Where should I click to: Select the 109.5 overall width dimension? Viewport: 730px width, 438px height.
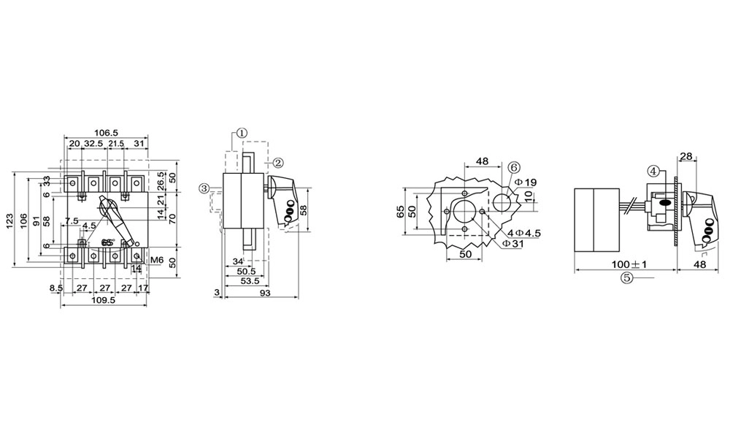[x=103, y=300]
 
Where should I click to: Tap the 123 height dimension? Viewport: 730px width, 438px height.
[x=9, y=218]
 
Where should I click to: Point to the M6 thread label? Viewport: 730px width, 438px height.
[x=155, y=259]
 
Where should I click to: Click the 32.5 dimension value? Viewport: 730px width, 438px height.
[x=93, y=144]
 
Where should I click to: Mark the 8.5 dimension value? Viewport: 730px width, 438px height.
[x=56, y=288]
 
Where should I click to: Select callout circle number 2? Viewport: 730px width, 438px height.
[x=277, y=161]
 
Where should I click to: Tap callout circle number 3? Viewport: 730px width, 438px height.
[x=204, y=188]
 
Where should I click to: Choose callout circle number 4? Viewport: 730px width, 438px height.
[x=654, y=171]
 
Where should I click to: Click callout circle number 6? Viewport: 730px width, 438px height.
[x=513, y=168]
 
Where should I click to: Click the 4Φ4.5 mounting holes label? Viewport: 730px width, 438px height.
[x=523, y=233]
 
